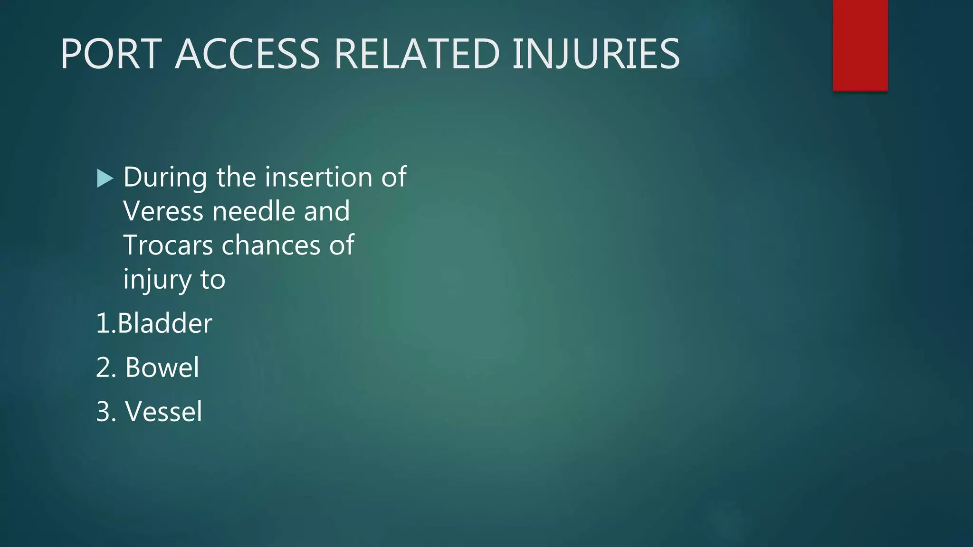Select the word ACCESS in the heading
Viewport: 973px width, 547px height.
[x=248, y=54]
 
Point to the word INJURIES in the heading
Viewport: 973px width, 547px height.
[x=596, y=54]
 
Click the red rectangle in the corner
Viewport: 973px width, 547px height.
[x=860, y=45]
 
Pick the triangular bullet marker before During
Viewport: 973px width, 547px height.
[x=105, y=179]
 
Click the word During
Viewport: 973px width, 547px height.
[x=165, y=178]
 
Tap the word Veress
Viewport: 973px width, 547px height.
[x=163, y=211]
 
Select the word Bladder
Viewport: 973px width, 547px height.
[x=164, y=323]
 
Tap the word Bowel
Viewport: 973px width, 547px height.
[x=162, y=368]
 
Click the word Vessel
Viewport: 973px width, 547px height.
[x=163, y=411]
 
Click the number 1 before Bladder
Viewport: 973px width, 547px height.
[x=103, y=323]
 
